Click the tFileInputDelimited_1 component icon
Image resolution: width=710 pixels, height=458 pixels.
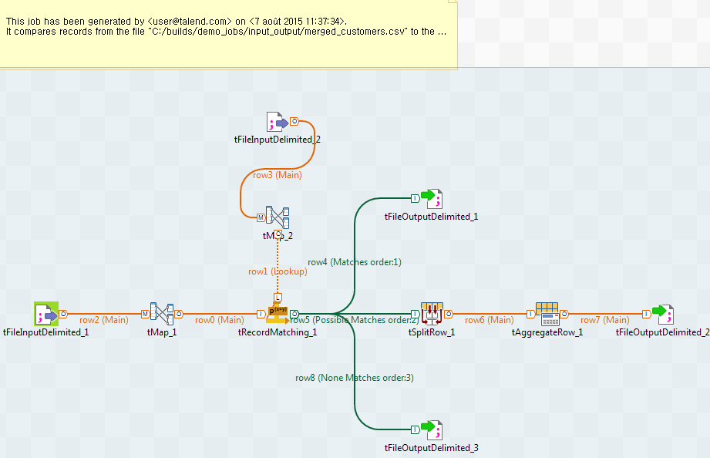pos(46,314)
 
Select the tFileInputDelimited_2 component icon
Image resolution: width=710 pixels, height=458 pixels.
pos(277,122)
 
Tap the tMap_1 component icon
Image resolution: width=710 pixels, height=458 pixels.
pos(162,314)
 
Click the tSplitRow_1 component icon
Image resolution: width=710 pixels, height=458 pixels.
pos(432,314)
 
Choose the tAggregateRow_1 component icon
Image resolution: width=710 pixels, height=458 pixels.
pos(547,314)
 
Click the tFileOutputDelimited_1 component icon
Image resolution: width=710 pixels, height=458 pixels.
pos(432,198)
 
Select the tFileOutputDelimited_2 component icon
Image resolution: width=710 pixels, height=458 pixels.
pos(663,314)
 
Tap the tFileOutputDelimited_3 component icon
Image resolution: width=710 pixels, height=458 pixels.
pos(432,429)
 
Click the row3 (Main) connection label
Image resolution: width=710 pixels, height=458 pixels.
pos(278,175)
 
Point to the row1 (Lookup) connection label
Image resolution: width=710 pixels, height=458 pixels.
pos(278,271)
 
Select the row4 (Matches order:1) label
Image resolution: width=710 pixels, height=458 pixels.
pos(355,262)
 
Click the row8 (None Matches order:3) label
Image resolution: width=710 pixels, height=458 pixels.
pos(355,378)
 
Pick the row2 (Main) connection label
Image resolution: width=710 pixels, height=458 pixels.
pos(104,320)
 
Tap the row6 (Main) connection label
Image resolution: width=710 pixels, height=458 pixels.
pos(490,320)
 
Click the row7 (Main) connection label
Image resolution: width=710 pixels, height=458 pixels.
pos(605,320)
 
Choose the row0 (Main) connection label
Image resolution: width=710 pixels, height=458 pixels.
pos(220,320)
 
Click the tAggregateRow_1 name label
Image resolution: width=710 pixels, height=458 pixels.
pos(547,332)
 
